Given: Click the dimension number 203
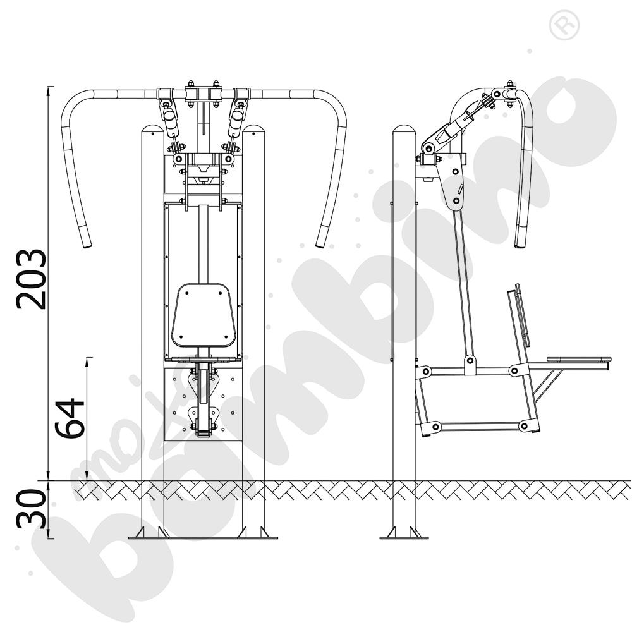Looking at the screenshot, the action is pyautogui.click(x=31, y=279).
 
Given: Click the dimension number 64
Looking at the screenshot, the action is pyautogui.click(x=70, y=418).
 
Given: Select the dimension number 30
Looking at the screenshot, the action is pyautogui.click(x=31, y=509).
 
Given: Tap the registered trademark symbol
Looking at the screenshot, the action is pyautogui.click(x=564, y=25).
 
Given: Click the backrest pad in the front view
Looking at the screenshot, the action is pyautogui.click(x=203, y=315).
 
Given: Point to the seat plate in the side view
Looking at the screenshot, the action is pyautogui.click(x=579, y=359).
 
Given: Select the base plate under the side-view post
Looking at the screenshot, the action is pyautogui.click(x=404, y=537).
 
